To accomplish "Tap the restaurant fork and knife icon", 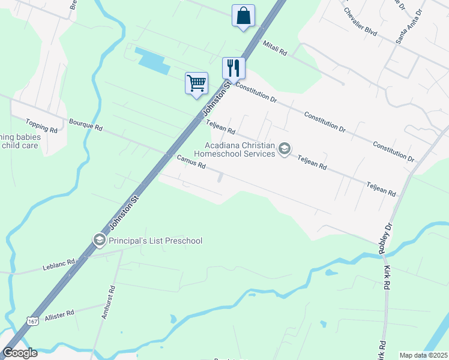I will (x=233, y=68).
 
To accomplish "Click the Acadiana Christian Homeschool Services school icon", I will (x=285, y=149).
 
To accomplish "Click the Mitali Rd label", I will (x=276, y=49).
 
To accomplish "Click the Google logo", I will (x=20, y=353).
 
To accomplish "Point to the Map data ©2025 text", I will (x=423, y=355).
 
